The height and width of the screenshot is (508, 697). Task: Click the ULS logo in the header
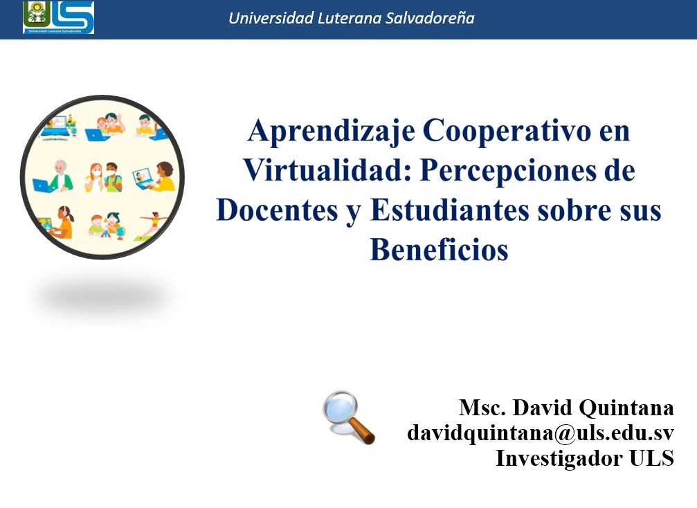click(x=58, y=17)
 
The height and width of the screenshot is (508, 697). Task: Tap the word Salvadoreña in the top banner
click(x=430, y=18)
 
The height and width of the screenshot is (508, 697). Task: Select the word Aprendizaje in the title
click(x=331, y=131)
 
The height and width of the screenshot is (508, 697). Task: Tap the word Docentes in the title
click(x=277, y=210)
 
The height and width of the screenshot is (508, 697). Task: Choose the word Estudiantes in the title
click(x=449, y=210)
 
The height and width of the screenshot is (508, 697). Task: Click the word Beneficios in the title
click(x=440, y=249)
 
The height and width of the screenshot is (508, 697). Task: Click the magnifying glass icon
click(x=349, y=417)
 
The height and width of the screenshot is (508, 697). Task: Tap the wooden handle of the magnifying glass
click(x=362, y=430)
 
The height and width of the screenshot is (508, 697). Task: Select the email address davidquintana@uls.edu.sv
click(x=541, y=433)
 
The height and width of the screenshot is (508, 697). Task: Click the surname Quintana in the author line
click(x=626, y=408)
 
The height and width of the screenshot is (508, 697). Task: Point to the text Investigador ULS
click(x=585, y=457)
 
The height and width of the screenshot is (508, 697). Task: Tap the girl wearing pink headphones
click(x=62, y=222)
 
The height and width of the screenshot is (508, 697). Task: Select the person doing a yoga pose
click(x=153, y=225)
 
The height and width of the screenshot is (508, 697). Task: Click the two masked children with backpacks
click(x=104, y=177)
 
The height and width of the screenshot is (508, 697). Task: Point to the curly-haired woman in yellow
click(x=163, y=176)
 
